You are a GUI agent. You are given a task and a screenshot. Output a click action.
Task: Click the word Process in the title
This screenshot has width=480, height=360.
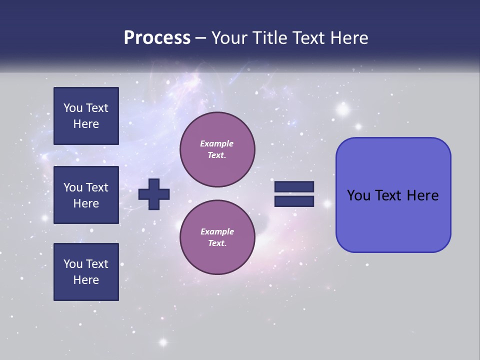pyautogui.click(x=157, y=38)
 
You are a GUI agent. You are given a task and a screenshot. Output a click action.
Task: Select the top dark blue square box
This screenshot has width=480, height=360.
pyautogui.click(x=86, y=116)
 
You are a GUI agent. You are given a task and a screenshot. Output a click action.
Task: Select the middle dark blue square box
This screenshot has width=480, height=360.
pyautogui.click(x=86, y=195)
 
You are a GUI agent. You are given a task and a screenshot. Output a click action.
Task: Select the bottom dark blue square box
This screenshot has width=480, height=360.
pyautogui.click(x=86, y=272)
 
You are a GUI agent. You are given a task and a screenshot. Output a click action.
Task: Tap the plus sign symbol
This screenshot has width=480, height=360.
pyautogui.click(x=154, y=194)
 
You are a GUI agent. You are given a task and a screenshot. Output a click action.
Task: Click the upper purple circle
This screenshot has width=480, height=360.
pyautogui.click(x=217, y=149)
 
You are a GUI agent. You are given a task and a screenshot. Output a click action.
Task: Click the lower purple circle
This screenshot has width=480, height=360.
pyautogui.click(x=217, y=237)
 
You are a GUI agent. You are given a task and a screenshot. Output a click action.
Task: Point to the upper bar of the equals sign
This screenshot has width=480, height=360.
pyautogui.click(x=294, y=187)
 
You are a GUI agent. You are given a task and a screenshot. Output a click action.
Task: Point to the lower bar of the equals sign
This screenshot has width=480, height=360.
pyautogui.click(x=294, y=201)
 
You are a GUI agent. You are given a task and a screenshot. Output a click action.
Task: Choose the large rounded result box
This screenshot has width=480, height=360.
pyautogui.click(x=393, y=195)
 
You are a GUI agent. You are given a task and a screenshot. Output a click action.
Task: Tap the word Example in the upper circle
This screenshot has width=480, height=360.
pyautogui.click(x=217, y=143)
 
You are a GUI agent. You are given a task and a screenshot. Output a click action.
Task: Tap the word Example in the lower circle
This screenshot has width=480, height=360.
pyautogui.click(x=217, y=231)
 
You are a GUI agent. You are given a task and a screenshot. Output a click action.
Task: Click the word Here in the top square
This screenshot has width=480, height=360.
pyautogui.click(x=86, y=124)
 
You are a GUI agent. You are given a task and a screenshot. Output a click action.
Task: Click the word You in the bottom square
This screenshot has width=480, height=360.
pyautogui.click(x=73, y=264)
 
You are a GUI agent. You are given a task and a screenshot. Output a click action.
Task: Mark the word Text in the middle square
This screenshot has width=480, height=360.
pyautogui.click(x=97, y=187)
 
